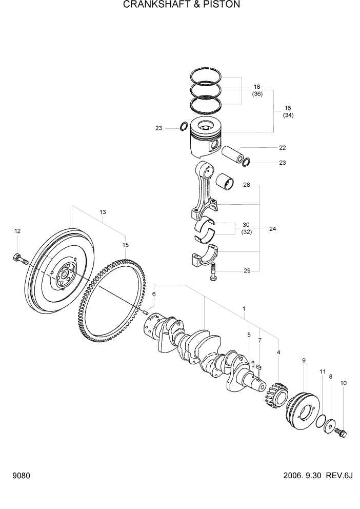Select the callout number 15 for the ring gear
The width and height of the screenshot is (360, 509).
(x=125, y=245)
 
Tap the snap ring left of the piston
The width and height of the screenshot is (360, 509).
(x=184, y=127)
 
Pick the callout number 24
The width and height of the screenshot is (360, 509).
(x=272, y=229)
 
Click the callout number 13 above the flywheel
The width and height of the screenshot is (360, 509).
(x=103, y=212)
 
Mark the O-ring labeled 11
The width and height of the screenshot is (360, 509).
(x=320, y=422)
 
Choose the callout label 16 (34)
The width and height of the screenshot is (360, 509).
(x=287, y=111)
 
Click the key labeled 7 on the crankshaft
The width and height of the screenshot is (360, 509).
(x=259, y=366)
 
